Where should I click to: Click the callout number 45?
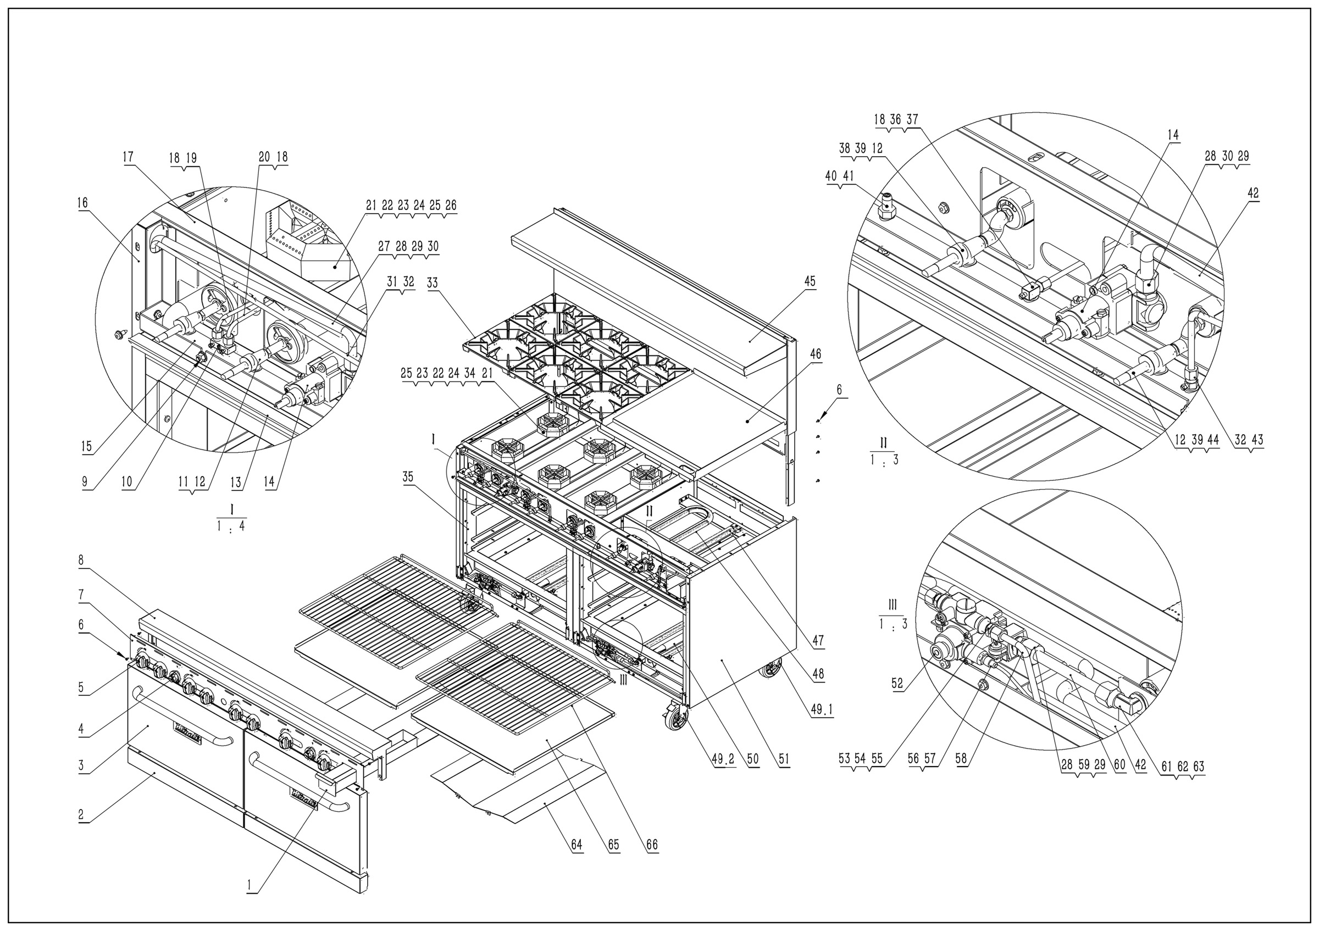point(810,281)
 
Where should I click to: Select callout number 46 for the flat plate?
point(815,354)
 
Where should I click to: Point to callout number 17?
point(128,157)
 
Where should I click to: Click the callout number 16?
point(84,202)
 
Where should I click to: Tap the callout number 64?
point(576,845)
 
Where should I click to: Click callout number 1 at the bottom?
point(249,886)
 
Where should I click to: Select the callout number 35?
point(408,476)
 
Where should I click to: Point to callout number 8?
point(81,559)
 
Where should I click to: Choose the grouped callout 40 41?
point(840,176)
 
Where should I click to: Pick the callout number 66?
point(651,845)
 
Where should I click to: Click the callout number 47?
point(818,640)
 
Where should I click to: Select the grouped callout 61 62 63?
point(1183,766)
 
